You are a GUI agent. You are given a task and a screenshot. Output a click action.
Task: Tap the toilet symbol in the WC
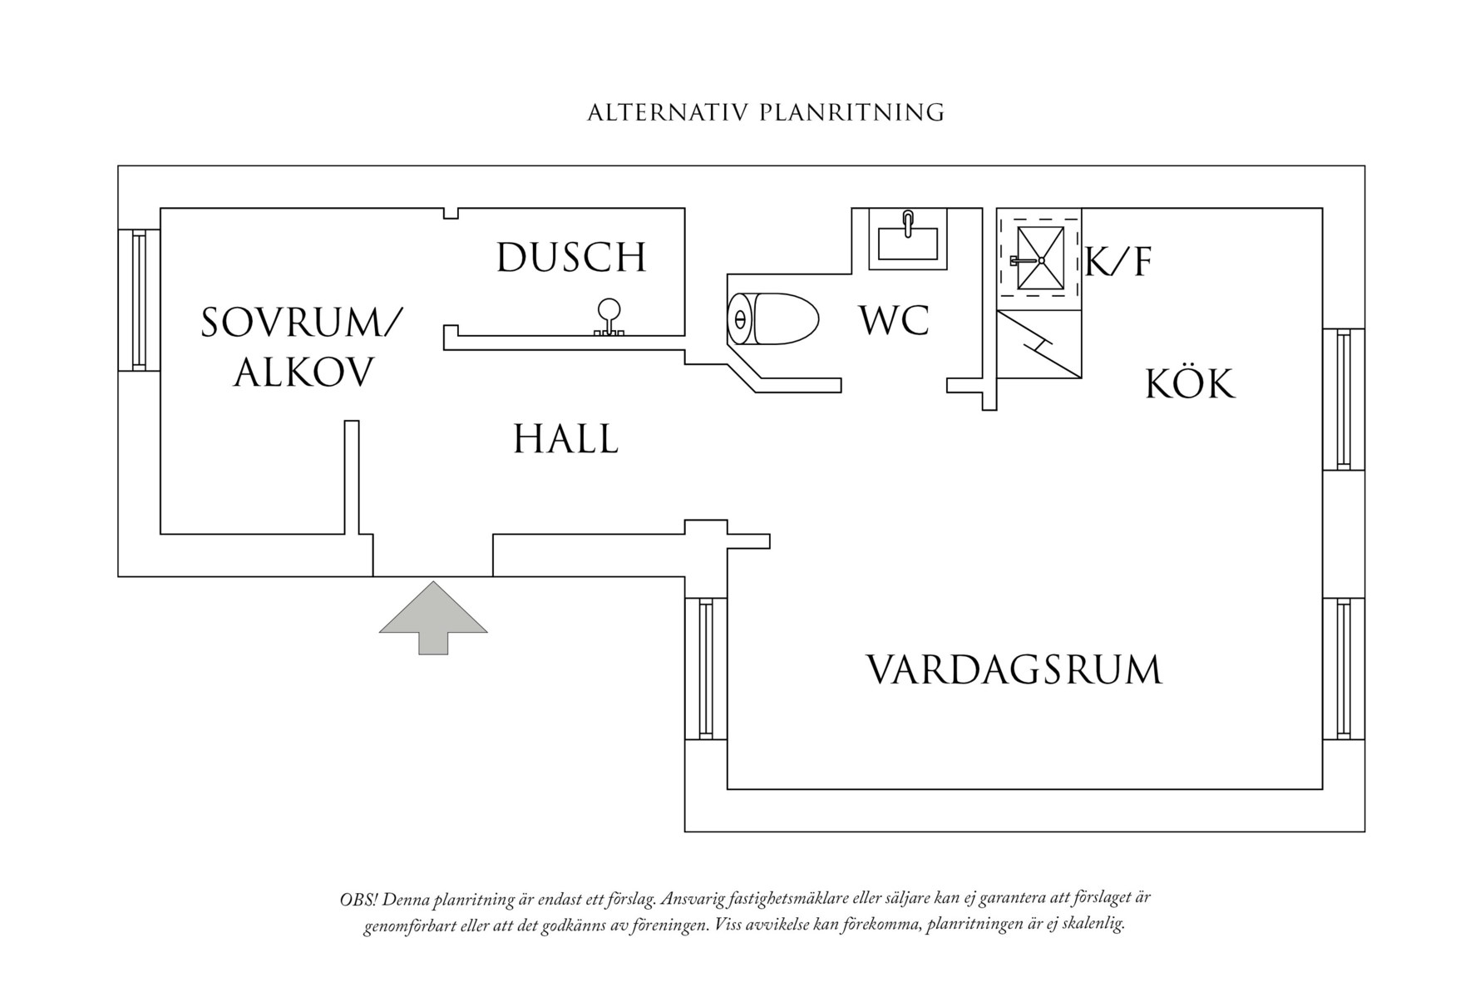772,318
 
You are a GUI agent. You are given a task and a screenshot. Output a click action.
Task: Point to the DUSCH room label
571,257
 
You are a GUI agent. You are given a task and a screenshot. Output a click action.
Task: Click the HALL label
565,439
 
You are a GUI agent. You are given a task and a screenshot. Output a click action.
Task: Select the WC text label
894,320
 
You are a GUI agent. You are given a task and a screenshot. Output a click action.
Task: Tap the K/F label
1118,263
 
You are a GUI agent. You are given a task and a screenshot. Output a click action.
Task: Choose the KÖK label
1190,384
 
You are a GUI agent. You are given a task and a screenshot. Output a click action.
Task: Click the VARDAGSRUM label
1014,670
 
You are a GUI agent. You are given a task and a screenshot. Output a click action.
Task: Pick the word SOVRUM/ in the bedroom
302,323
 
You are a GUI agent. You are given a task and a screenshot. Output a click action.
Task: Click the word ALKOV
303,373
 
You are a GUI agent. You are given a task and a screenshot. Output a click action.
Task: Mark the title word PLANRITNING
851,113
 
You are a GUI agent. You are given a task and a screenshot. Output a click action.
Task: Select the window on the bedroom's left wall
139,299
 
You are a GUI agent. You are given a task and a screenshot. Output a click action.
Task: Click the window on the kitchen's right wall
1343,399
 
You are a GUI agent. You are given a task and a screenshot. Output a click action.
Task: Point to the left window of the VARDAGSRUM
706,669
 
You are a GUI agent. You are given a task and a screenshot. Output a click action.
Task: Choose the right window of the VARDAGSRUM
1343,669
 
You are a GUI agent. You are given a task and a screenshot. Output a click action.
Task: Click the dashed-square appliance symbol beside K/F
1040,259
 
